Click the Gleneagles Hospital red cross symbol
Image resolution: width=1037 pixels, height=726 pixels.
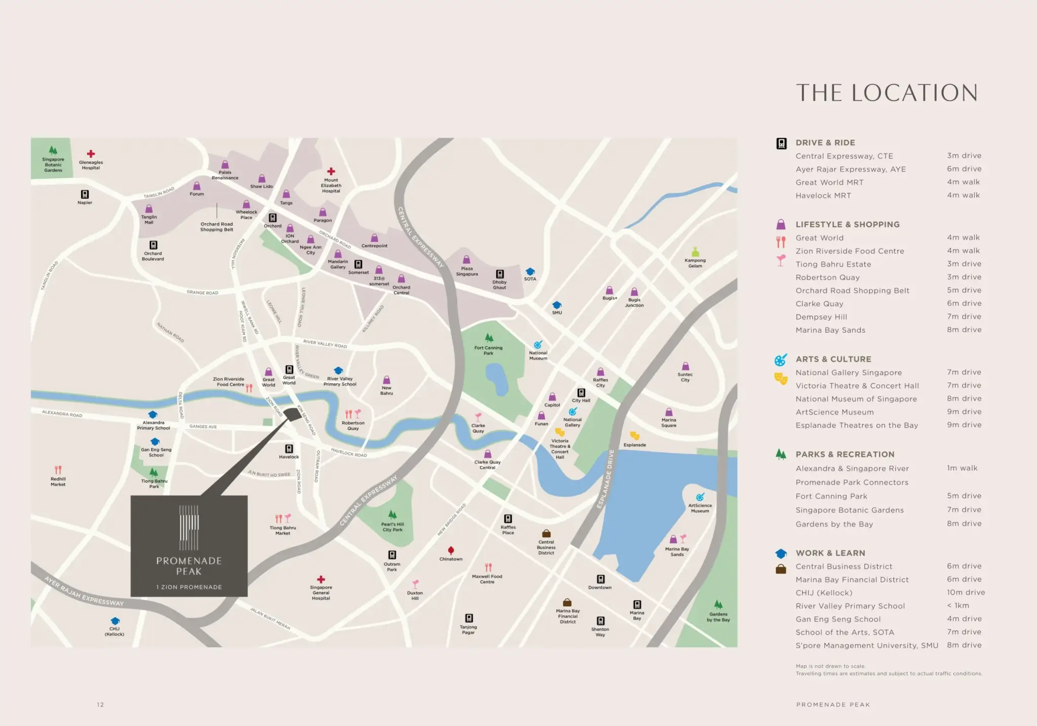point(91,153)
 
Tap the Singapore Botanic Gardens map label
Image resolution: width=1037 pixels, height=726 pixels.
point(53,165)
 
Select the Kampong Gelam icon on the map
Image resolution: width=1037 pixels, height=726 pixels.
point(695,252)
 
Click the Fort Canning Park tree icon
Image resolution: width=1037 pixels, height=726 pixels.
point(489,338)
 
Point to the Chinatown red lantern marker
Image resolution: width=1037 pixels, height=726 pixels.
point(451,550)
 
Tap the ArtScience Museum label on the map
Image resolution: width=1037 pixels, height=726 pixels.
point(700,508)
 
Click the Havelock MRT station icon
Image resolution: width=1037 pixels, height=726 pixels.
point(289,449)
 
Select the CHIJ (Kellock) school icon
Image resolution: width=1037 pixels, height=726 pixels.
point(115,621)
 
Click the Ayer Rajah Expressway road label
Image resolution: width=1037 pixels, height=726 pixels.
point(84,591)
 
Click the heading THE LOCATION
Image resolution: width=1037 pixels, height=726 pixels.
point(887,93)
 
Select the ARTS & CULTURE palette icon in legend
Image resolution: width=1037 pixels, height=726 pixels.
point(780,360)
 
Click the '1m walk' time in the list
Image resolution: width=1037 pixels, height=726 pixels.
point(962,468)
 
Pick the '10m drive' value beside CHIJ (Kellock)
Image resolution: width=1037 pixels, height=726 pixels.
point(966,592)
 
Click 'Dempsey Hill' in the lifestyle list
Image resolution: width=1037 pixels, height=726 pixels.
point(821,317)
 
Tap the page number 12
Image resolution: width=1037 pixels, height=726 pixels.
point(100,704)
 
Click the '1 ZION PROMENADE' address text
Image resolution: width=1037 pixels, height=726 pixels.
point(189,587)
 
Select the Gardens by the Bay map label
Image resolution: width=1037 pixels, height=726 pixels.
point(718,617)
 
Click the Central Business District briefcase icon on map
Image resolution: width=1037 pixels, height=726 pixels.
point(546,534)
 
